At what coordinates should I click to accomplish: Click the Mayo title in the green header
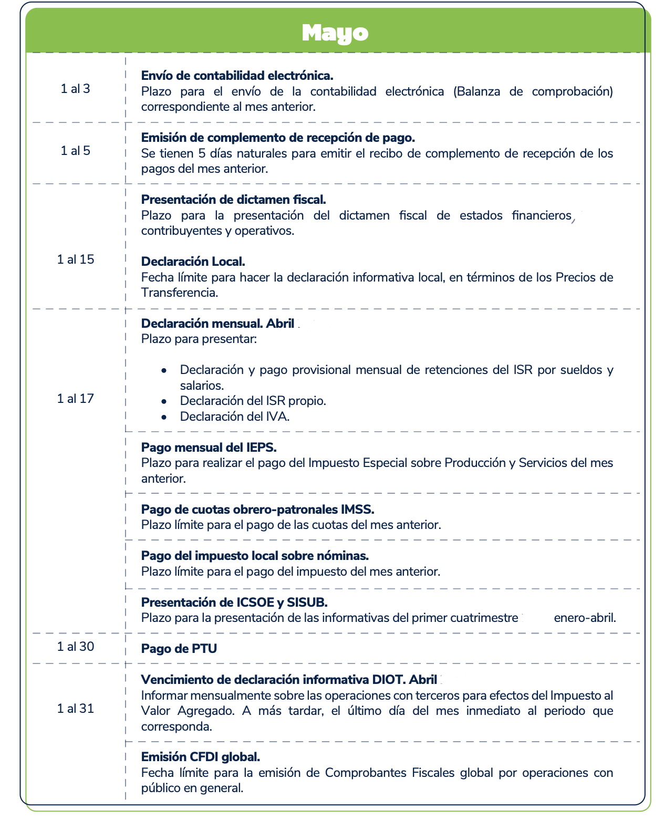tap(335, 33)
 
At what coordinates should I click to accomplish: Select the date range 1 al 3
tap(76, 89)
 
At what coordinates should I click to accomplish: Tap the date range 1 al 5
tap(76, 151)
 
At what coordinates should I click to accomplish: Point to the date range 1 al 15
tap(76, 259)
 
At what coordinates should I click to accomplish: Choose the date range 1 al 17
tap(76, 399)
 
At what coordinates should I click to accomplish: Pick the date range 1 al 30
tap(76, 647)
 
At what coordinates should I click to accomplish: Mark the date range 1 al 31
tap(76, 709)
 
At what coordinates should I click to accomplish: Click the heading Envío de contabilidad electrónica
tap(237, 76)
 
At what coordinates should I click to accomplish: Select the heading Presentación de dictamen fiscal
tap(234, 200)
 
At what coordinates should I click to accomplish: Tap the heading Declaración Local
tap(193, 262)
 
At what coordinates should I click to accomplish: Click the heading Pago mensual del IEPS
tap(209, 448)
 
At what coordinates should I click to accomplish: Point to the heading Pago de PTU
tap(179, 649)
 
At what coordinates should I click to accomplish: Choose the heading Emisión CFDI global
tap(200, 757)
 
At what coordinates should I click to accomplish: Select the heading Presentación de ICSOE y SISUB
tap(234, 602)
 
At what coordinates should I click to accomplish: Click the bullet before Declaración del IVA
tap(164, 417)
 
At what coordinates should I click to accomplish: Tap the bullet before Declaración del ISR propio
tap(164, 401)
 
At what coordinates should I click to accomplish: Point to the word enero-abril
tap(585, 618)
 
